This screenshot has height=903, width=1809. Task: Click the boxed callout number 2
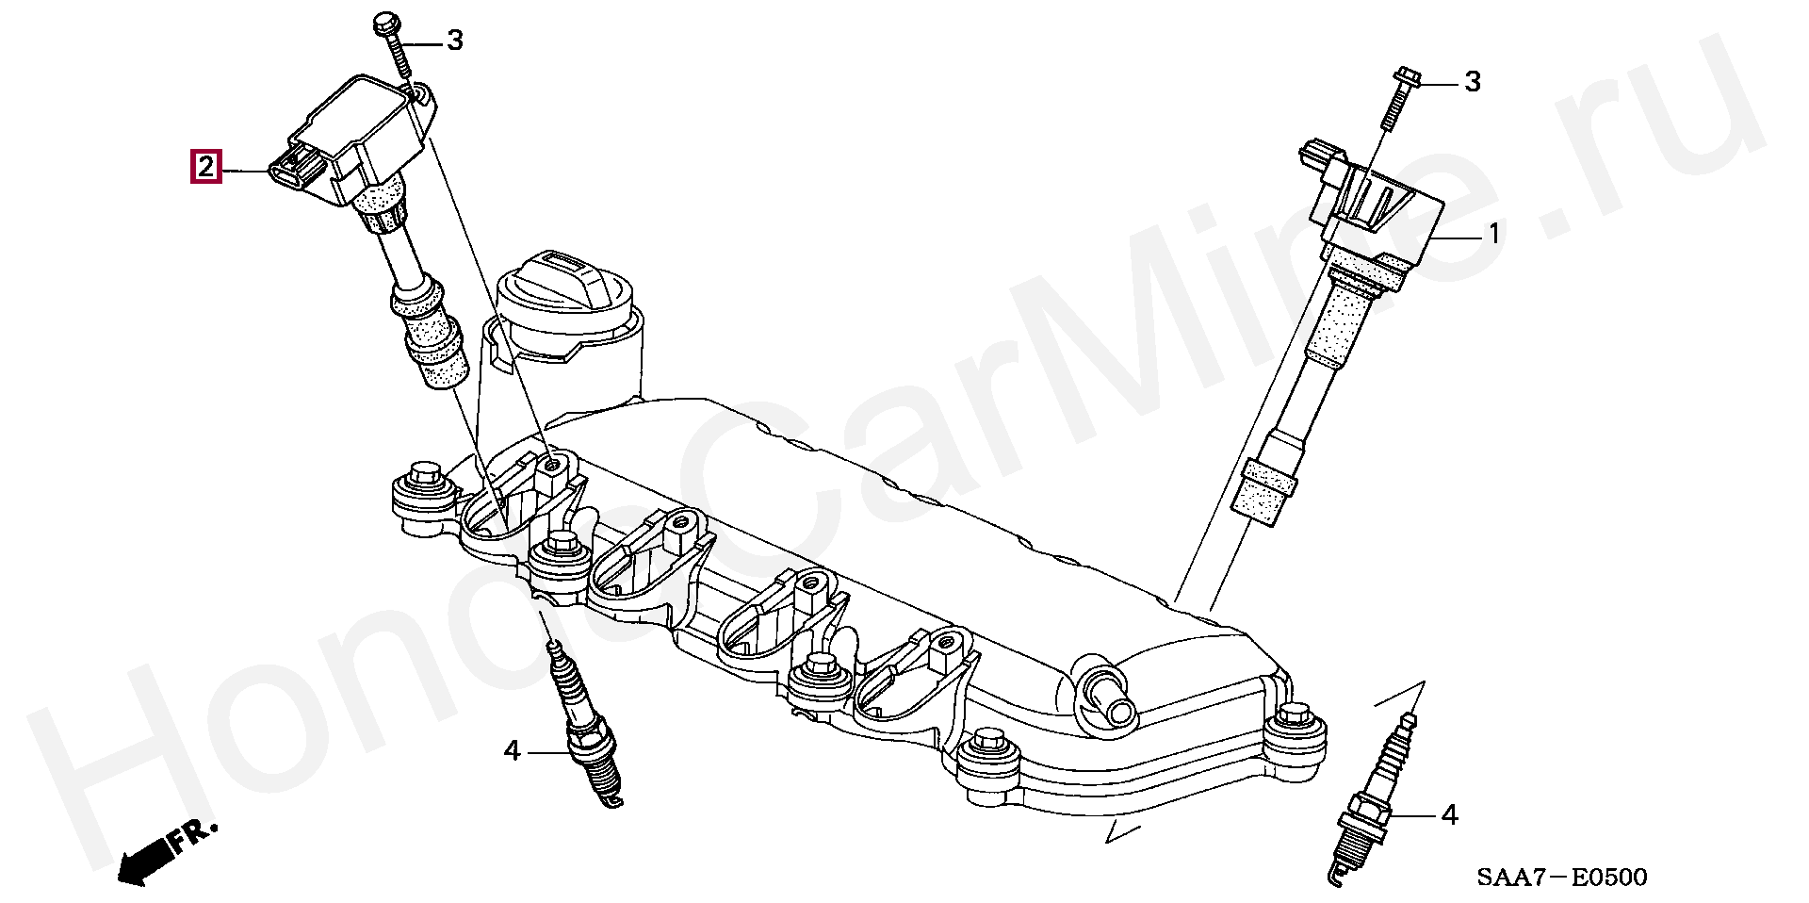[x=206, y=168]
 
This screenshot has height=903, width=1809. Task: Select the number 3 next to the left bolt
[x=454, y=41]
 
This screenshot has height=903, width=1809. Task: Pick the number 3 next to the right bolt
[x=1471, y=82]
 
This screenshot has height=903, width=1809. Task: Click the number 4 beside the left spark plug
[x=512, y=750]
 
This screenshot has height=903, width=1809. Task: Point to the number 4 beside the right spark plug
[x=1450, y=814]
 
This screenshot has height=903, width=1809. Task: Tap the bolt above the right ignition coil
[x=1398, y=97]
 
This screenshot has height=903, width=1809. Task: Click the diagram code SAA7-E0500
[x=1561, y=878]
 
